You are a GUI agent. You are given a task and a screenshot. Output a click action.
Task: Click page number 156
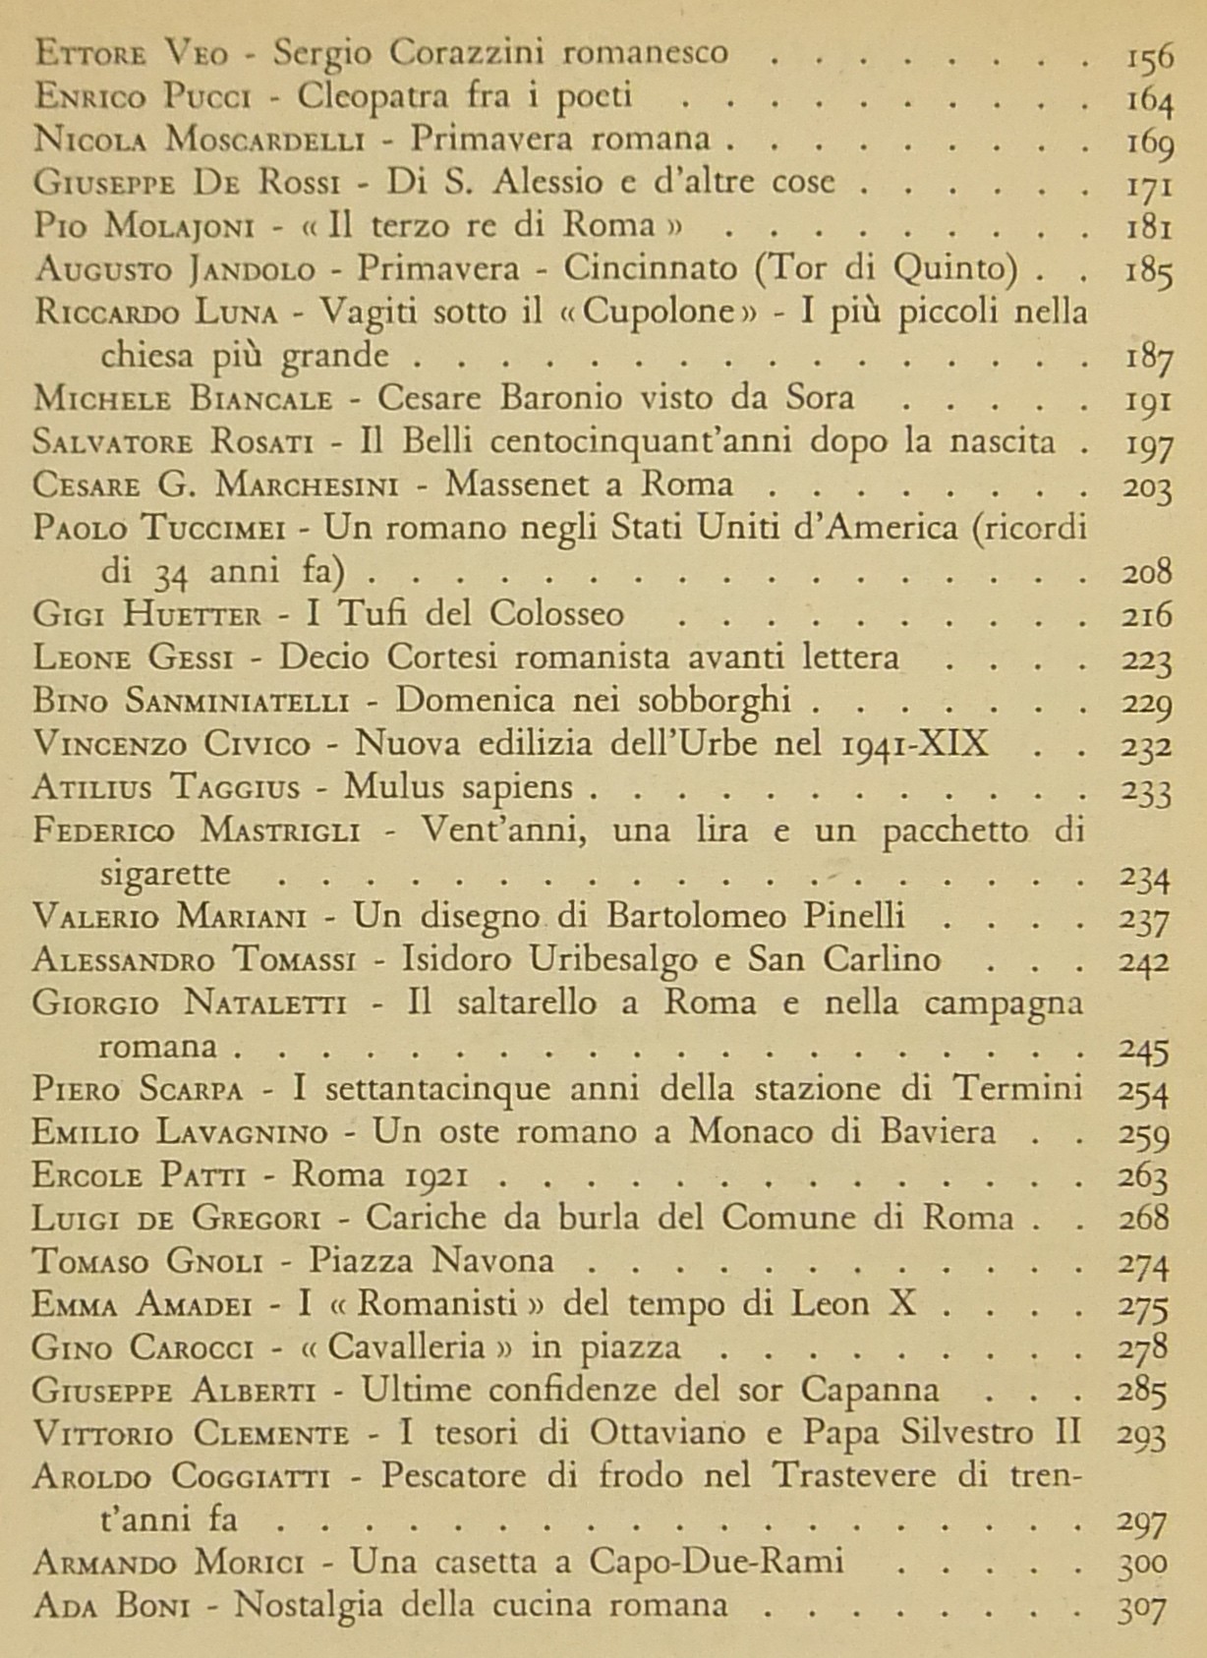coord(1149,55)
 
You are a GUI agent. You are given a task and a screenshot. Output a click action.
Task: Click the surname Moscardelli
coord(264,139)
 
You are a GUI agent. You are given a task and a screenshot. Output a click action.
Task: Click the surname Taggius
coord(248,787)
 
